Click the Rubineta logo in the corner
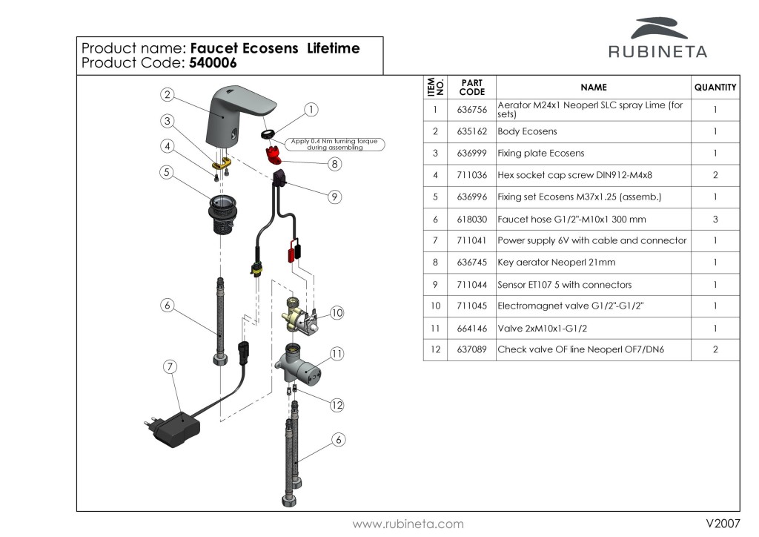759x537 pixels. pos(657,39)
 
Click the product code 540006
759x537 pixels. pos(213,63)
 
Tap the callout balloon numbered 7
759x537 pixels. pos(171,366)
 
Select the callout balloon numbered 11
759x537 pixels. pos(337,354)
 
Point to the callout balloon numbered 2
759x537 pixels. pos(168,94)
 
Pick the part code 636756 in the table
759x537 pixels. pos(471,110)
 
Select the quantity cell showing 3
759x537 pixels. pos(715,220)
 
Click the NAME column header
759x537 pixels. pos(593,87)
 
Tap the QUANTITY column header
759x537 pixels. pos(715,87)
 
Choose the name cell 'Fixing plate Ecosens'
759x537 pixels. pos(540,154)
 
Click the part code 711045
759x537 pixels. pos(471,306)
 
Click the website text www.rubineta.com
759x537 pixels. pos(408,524)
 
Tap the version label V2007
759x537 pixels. pos(723,524)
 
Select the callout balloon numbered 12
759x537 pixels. pos(337,405)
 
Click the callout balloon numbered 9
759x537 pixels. pos(335,197)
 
